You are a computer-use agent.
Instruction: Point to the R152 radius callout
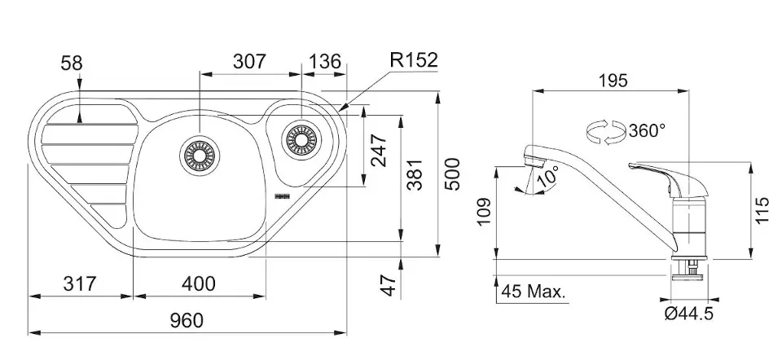point(413,60)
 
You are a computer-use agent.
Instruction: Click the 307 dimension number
point(250,61)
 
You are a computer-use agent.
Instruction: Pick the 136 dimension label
point(325,61)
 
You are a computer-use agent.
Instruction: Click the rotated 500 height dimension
point(453,173)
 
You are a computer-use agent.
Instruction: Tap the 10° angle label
point(547,173)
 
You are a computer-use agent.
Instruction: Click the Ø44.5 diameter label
point(688,314)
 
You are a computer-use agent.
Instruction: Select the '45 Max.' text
point(534,291)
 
